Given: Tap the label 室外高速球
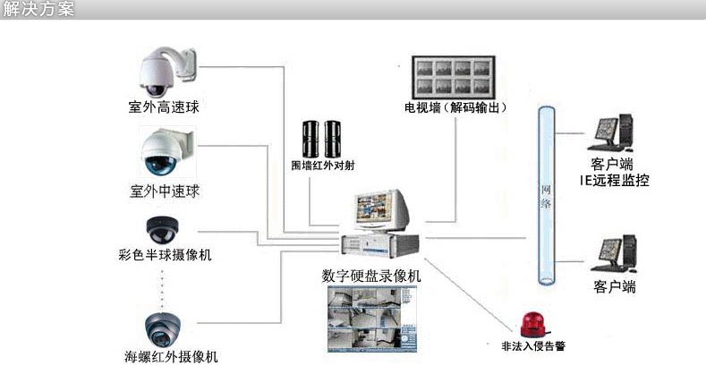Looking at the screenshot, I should (164, 107).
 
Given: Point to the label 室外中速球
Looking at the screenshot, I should (164, 191).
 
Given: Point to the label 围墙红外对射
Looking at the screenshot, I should (323, 165).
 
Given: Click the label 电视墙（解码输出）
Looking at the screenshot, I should (455, 107).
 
